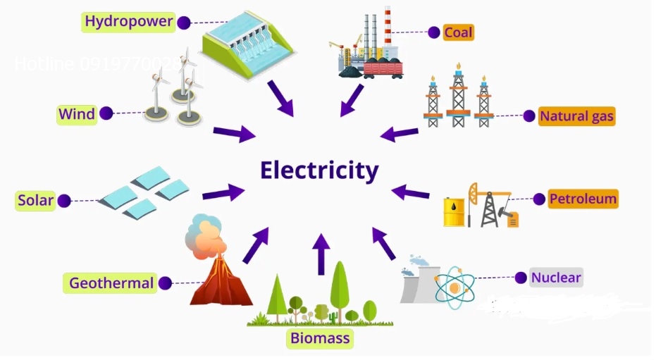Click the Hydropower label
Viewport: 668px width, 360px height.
[128, 21]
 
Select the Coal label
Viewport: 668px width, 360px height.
[458, 32]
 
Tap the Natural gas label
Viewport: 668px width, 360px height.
[576, 116]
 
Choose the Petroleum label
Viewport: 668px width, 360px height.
[583, 199]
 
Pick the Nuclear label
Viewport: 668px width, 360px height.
[556, 278]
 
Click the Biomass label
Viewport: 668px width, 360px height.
[320, 339]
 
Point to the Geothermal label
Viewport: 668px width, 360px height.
[111, 283]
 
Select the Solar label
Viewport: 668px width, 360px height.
[35, 201]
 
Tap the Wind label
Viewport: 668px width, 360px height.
[77, 113]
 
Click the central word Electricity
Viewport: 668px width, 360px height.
[319, 170]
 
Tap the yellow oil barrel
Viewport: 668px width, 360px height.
[453, 211]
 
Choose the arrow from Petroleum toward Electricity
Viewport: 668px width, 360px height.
[410, 192]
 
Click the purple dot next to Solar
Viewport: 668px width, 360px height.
[64, 201]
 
